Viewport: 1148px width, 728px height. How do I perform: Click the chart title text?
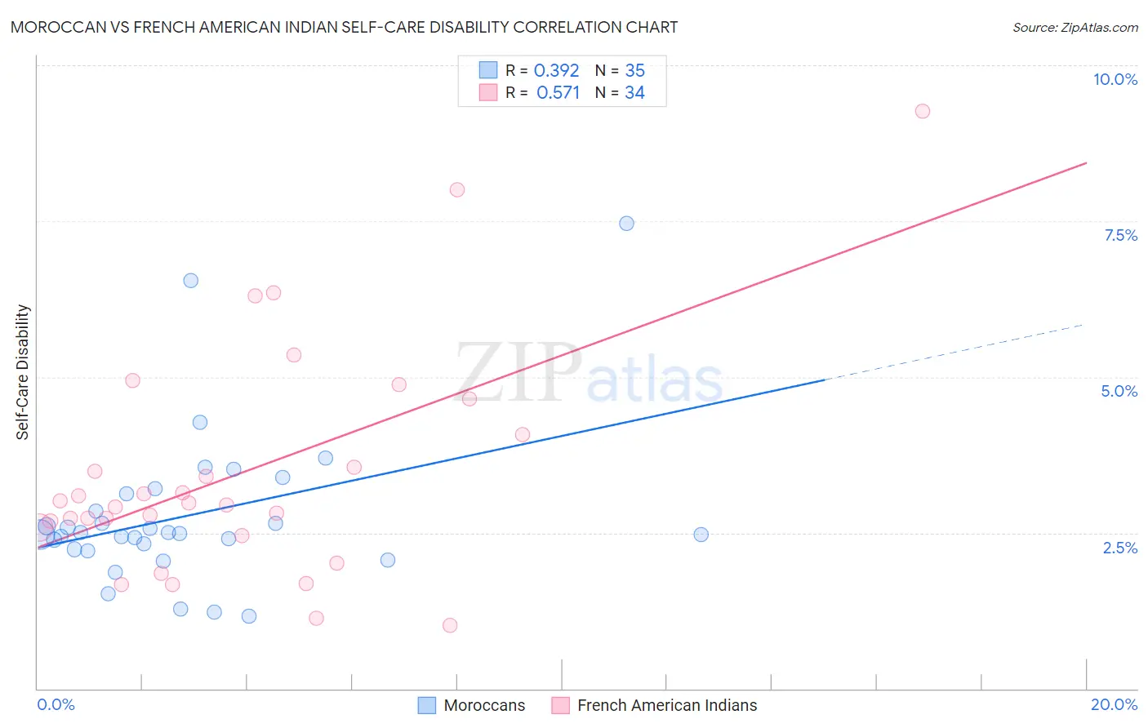[x=344, y=27]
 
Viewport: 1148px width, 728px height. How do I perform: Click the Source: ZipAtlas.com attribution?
[x=1075, y=27]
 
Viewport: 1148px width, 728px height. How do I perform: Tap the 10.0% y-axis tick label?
[x=1115, y=79]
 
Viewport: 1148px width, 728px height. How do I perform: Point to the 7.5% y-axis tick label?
[x=1120, y=235]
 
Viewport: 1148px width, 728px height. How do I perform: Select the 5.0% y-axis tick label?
[x=1119, y=391]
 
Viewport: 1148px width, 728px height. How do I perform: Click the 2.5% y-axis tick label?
[x=1119, y=548]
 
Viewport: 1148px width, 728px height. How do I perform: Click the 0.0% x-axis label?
[x=56, y=704]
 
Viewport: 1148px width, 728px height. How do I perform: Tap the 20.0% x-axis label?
[x=1114, y=704]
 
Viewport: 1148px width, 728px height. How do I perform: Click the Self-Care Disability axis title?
[x=23, y=372]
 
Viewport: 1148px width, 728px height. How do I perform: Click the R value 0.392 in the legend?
[x=556, y=70]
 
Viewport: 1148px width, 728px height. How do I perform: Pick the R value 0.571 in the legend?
[x=558, y=92]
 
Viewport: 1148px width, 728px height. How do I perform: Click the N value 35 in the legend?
[x=634, y=70]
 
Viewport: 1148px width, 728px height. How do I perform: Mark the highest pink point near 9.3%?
[x=922, y=111]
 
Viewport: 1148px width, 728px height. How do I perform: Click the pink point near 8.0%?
[x=456, y=189]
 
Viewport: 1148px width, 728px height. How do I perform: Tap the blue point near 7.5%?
[x=626, y=223]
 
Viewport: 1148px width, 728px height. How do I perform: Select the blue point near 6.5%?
[x=190, y=280]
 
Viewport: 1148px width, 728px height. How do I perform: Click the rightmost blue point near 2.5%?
[x=701, y=535]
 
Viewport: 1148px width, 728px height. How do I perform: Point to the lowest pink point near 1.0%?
[x=449, y=625]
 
